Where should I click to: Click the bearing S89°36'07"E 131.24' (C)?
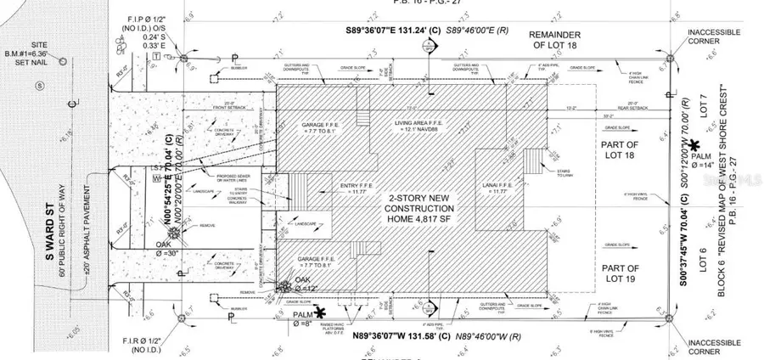tap(398, 30)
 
